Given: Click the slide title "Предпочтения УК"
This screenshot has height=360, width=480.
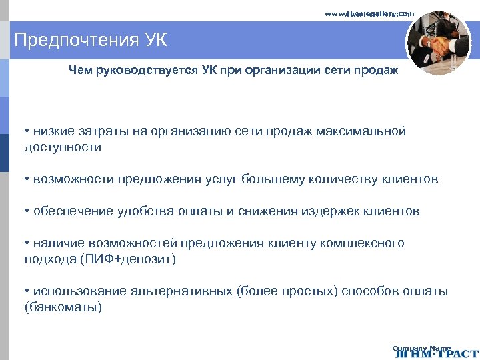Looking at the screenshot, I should point(91,41).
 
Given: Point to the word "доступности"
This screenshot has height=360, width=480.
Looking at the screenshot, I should point(63,147).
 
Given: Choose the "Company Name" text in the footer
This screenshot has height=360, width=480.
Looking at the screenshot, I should point(421,348).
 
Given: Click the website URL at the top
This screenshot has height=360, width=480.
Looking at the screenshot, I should point(369,13).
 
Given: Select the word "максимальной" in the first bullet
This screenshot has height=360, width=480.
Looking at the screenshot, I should point(365,131).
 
